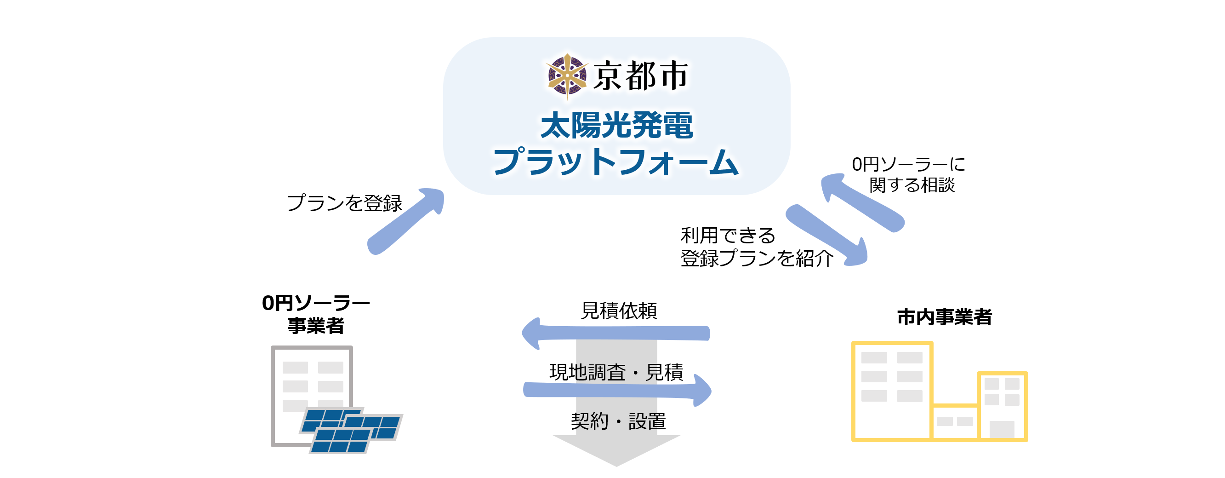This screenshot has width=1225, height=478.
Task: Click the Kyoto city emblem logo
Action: coord(567,76)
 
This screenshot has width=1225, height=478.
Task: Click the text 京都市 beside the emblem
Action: coord(640,76)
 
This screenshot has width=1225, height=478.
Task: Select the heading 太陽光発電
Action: coord(616,126)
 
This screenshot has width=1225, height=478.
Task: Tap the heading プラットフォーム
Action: coord(616,161)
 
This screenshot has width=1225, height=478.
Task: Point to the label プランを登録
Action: coord(345,203)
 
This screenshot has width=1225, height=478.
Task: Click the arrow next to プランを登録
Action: coord(405,221)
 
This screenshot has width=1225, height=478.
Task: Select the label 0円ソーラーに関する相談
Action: coord(909,174)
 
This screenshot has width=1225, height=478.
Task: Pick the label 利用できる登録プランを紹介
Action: coord(757,247)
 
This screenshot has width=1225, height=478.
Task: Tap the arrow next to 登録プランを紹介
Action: coord(826,235)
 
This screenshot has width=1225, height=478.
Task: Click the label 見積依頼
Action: coord(619,311)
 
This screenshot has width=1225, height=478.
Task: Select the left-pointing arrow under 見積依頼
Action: coord(616,333)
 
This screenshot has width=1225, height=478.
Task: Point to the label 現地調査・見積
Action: coord(616,372)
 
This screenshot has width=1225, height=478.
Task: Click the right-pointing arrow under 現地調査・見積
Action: coord(617,390)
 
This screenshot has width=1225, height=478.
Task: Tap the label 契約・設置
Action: coord(618,421)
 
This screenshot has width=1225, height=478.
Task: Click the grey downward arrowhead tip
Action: coord(617,466)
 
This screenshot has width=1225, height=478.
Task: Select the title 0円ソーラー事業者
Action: coord(316,314)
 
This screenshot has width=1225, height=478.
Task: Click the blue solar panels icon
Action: coord(351,430)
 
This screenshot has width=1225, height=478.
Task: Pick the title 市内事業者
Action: coord(945,317)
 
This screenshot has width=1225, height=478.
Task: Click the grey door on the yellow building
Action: coord(1002,429)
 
